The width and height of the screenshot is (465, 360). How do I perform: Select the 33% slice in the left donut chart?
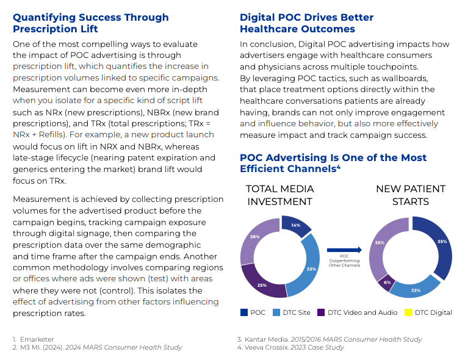310,268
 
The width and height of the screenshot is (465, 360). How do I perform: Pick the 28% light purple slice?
255,237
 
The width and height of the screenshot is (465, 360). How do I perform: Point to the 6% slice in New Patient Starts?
386,283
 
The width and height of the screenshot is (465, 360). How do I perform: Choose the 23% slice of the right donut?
416,290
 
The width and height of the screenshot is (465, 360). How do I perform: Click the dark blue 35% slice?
442,242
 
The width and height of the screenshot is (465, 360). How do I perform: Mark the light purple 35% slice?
380,242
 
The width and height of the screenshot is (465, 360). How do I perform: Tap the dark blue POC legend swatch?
244,312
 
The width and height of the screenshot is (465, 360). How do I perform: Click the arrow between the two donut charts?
344,250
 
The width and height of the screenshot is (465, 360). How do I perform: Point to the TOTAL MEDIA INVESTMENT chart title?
279,195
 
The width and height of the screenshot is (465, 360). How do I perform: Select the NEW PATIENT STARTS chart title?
410,195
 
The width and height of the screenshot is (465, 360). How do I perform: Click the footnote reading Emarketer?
37,339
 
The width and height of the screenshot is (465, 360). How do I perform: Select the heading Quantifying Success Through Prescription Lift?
91,23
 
